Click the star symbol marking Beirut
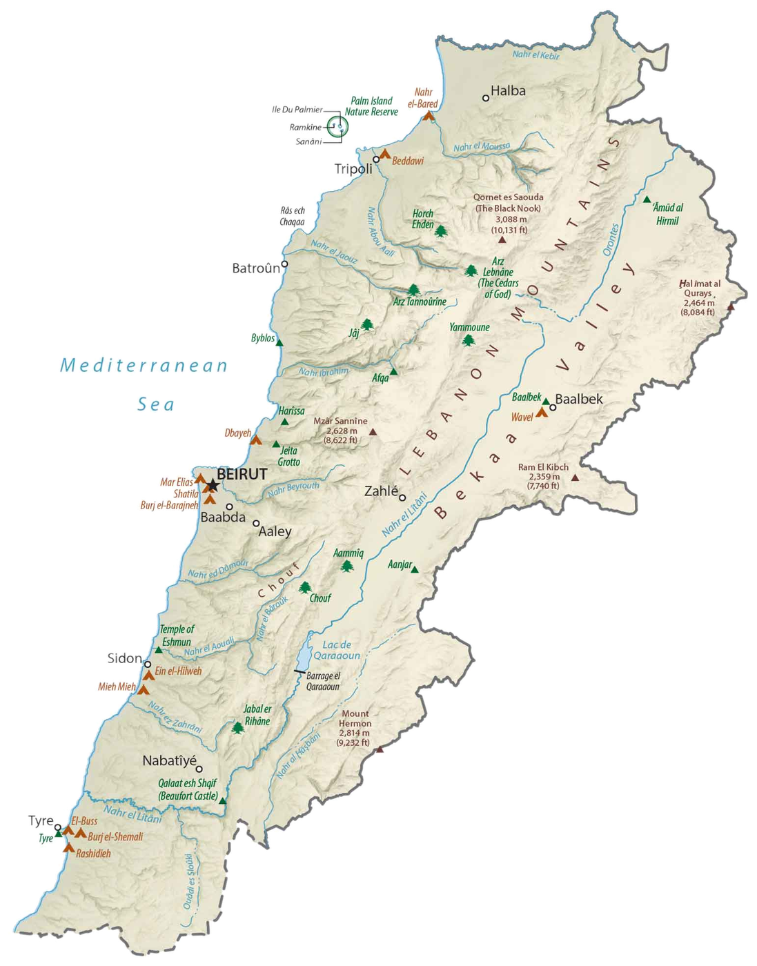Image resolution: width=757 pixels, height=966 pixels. [x=213, y=486]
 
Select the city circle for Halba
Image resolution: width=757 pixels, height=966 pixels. [x=486, y=98]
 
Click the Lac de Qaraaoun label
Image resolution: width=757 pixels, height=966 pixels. [x=337, y=650]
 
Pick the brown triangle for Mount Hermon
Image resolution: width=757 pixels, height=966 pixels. [x=379, y=749]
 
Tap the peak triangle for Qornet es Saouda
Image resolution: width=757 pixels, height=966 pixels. [x=502, y=240]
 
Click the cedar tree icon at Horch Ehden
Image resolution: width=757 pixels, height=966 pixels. [x=440, y=231]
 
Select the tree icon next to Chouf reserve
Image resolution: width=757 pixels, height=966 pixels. [x=304, y=588]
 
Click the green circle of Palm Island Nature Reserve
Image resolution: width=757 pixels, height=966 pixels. [x=337, y=126]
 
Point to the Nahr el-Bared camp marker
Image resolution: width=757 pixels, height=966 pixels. [x=429, y=116]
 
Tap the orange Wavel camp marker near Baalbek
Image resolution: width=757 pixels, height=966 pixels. [x=542, y=413]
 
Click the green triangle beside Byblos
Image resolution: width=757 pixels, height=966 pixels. [x=279, y=339]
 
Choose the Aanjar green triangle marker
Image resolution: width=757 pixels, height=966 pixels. [x=415, y=569]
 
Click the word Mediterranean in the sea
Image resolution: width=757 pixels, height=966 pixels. [x=143, y=365]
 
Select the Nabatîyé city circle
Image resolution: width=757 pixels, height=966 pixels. [x=199, y=769]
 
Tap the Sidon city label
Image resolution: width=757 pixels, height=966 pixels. [x=124, y=658]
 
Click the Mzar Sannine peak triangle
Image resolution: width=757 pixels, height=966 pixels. [x=373, y=432]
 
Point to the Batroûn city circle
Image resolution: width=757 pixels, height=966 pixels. [x=284, y=264]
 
